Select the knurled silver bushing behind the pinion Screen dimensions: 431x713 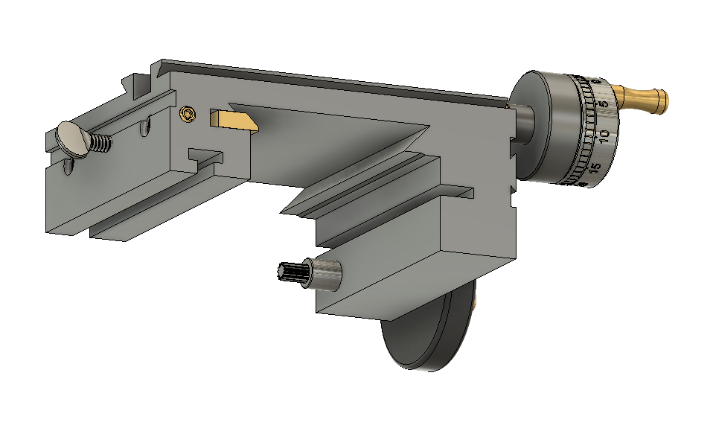tap(326, 274)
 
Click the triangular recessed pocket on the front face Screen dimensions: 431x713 tap(335, 123)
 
